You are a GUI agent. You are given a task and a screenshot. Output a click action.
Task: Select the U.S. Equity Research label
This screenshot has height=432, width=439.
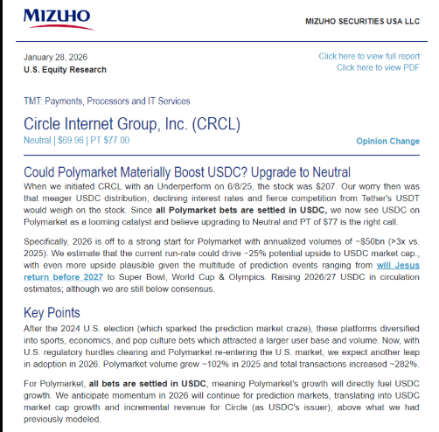point(65,70)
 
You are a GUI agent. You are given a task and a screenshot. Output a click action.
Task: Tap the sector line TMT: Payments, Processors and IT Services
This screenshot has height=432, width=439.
point(107,101)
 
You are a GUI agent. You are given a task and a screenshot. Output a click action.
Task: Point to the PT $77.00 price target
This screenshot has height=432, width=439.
point(110,140)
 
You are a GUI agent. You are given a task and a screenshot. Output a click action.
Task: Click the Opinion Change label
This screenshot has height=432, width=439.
point(387,141)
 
